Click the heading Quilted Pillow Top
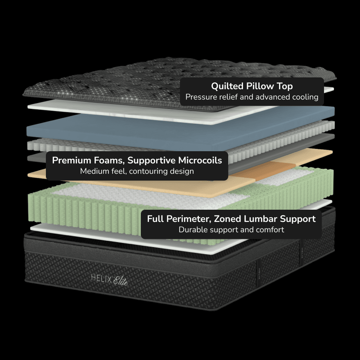click(x=252, y=86)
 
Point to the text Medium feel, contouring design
click(x=137, y=171)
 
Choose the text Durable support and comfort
click(x=231, y=229)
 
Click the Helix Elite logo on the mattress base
click(x=109, y=280)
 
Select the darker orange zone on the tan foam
click(x=264, y=171)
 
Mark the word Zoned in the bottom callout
click(x=227, y=219)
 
